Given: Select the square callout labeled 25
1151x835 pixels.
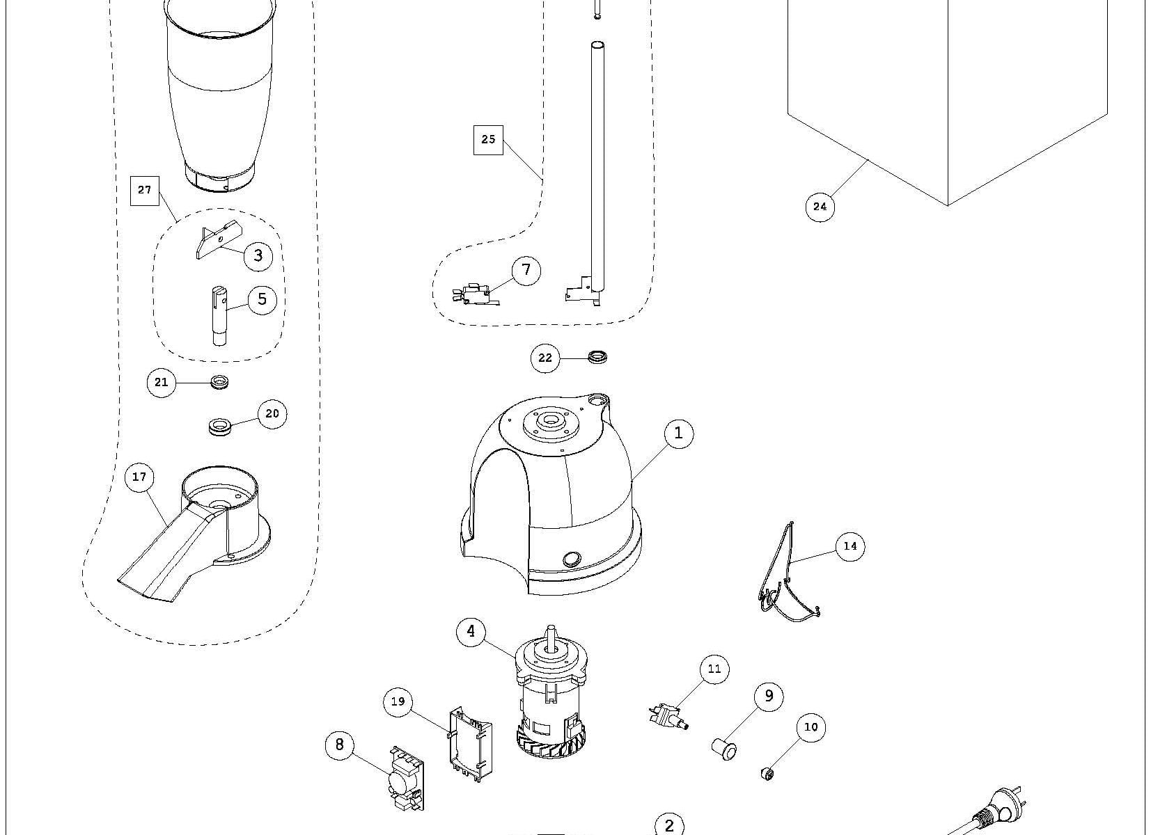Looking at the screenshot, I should click(488, 140).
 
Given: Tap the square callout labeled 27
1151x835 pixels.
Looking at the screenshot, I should click(145, 190).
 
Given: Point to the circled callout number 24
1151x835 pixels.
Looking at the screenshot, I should click(820, 207).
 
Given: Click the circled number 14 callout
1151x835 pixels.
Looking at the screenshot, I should click(850, 546).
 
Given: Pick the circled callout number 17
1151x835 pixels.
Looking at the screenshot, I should click(139, 477).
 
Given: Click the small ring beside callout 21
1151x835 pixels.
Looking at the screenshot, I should click(221, 382).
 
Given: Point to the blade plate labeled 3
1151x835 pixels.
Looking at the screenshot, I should click(217, 240).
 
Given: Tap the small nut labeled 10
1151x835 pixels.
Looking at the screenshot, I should click(767, 773).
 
